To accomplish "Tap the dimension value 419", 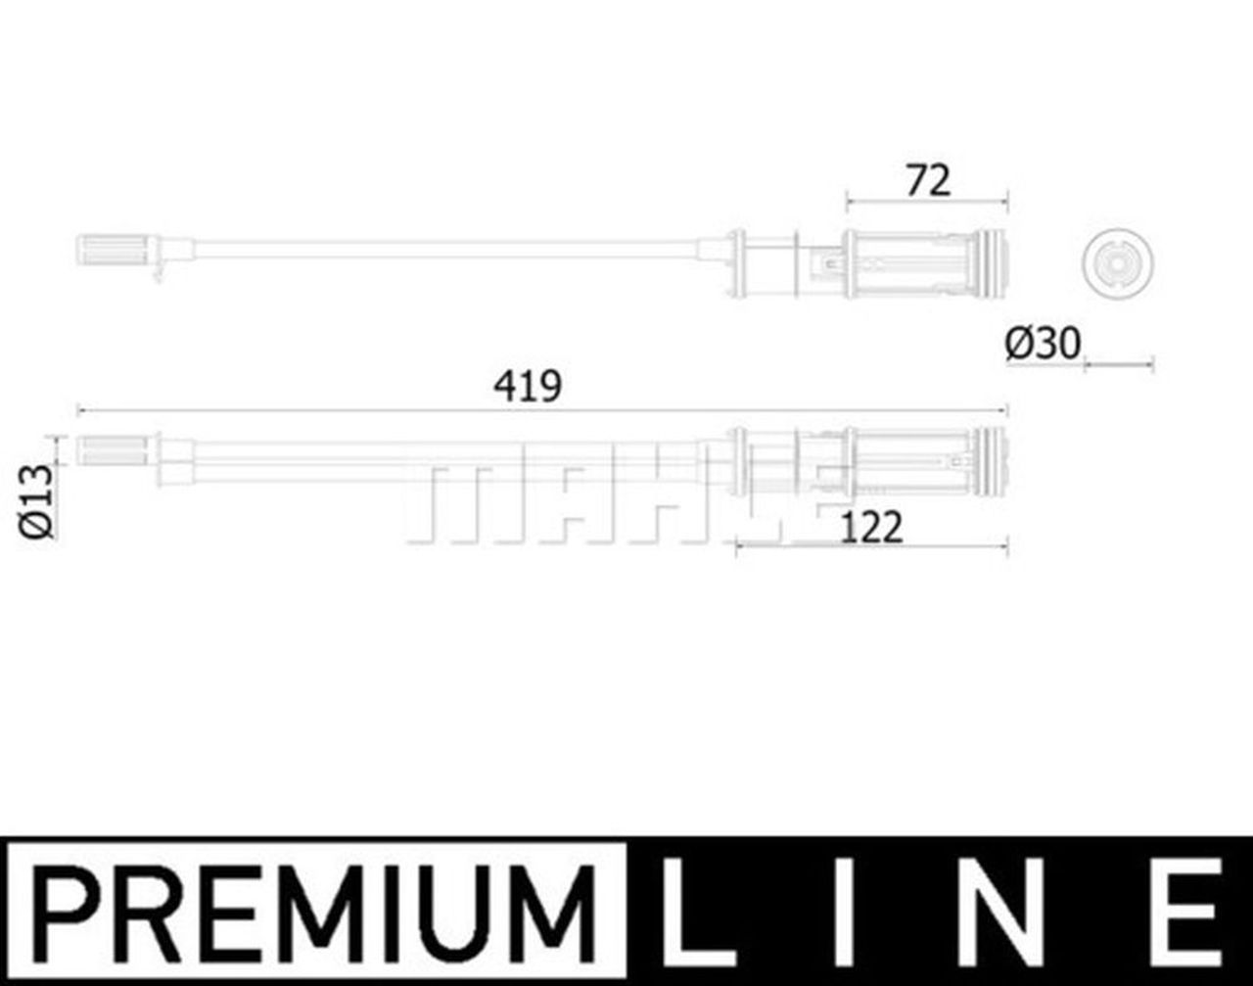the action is click(528, 386).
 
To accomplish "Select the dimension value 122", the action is click(871, 527).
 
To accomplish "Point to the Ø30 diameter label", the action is click(1043, 344).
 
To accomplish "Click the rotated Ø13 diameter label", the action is click(36, 501).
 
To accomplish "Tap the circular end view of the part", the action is click(1117, 263).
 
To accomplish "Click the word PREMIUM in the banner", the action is click(312, 914).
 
